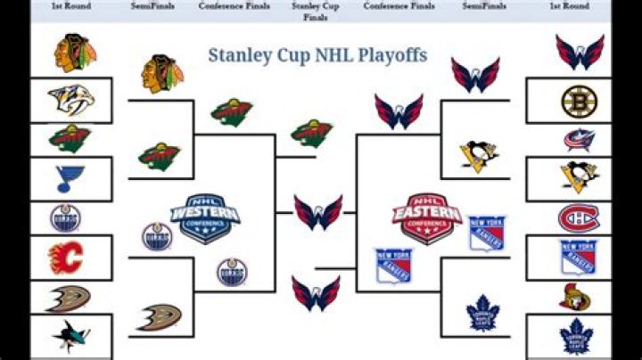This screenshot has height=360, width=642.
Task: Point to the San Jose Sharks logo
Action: pyautogui.click(x=70, y=335)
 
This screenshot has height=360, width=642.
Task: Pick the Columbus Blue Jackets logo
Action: pyautogui.click(x=578, y=139)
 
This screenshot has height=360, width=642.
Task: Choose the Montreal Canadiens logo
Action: pyautogui.click(x=578, y=217)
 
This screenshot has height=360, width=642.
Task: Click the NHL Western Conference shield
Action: pyautogui.click(x=204, y=217)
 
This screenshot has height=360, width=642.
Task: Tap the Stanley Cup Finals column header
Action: pyautogui.click(x=315, y=11)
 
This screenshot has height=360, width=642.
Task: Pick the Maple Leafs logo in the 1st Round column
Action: pyautogui.click(x=576, y=337)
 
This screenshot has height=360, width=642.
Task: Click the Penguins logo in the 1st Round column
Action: pyautogui.click(x=578, y=177)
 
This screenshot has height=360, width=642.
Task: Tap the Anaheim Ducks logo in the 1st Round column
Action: pyautogui.click(x=69, y=297)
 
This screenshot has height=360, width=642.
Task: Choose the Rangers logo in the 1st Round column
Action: pyautogui.click(x=577, y=258)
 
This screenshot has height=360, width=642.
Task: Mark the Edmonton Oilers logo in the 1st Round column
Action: pyautogui.click(x=65, y=217)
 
